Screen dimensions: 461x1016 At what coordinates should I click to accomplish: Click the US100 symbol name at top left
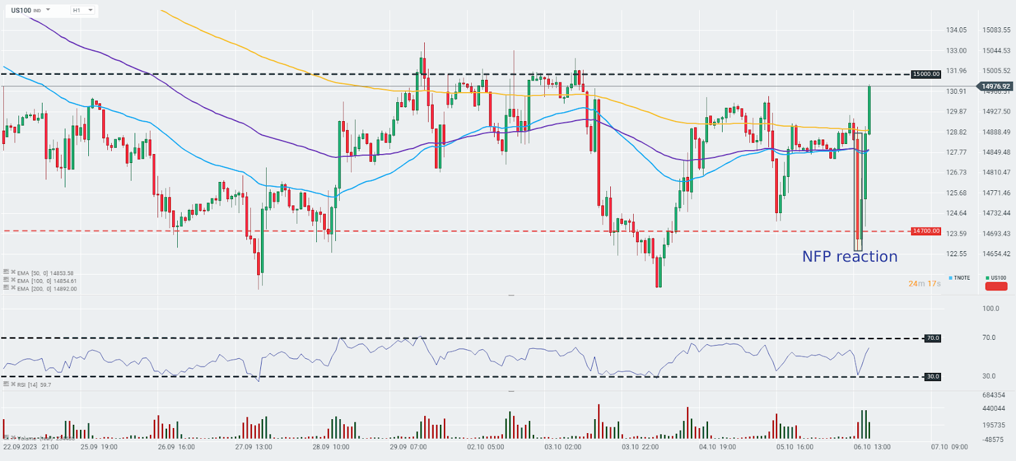pos(21,10)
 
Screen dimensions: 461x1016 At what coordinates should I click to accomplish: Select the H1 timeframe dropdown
pos(82,10)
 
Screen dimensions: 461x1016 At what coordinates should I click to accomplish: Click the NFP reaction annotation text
pos(850,257)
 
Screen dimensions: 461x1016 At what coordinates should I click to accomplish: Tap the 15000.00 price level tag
pos(926,74)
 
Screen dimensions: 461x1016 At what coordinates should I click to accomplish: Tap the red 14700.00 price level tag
pos(926,231)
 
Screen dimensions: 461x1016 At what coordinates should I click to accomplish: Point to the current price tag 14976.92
pos(995,86)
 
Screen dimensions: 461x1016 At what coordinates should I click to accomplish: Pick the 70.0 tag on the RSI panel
pos(932,338)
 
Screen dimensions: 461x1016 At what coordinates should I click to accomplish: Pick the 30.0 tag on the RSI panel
pos(932,377)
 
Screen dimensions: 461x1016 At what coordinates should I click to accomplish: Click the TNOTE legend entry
pos(960,278)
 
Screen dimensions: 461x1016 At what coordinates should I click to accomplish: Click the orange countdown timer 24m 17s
pos(924,283)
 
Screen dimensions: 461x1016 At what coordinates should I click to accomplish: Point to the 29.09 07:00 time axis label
pos(409,447)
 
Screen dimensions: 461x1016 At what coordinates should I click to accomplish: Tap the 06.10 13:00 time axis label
pos(872,447)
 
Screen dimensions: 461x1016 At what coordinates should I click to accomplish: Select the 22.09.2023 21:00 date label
pos(31,447)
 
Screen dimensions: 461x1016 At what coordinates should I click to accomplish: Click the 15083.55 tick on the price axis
pos(996,30)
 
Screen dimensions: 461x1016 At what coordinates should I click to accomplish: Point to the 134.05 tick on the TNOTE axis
pos(956,30)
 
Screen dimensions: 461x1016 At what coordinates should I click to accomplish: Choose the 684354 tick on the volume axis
pos(994,395)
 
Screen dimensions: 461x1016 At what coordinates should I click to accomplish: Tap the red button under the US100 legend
pos(996,287)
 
